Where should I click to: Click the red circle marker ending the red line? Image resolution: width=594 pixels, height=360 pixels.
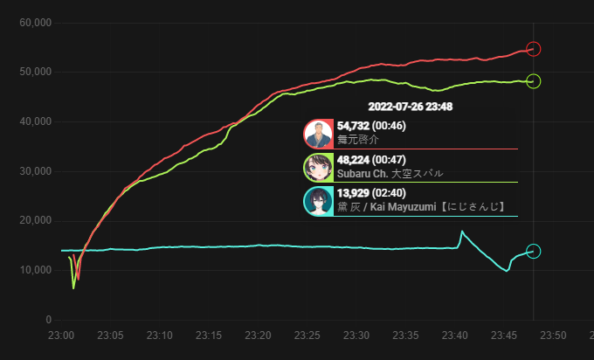534,49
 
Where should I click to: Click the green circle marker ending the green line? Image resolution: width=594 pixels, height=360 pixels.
534,81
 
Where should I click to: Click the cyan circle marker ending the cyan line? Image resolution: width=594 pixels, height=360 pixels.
534,252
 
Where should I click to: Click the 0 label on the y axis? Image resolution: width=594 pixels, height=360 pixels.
48,320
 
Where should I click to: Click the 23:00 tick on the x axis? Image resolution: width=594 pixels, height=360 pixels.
61,335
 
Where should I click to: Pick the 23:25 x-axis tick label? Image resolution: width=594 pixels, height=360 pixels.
307,335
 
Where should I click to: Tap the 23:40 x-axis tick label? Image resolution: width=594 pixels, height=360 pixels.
454,335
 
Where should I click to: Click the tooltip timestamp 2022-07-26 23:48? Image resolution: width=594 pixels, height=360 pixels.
410,107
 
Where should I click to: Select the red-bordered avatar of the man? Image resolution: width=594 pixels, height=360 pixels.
318,135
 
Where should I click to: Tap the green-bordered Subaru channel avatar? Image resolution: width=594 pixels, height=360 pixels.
318,168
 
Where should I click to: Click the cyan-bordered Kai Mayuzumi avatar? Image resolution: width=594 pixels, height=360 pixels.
318,201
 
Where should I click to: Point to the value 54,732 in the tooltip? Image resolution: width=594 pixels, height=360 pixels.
353,127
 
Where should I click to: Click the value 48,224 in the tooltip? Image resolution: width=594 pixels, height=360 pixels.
353,160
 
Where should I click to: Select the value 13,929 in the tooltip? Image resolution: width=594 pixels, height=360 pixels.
353,193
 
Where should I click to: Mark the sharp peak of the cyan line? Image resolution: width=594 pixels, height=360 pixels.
461,232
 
